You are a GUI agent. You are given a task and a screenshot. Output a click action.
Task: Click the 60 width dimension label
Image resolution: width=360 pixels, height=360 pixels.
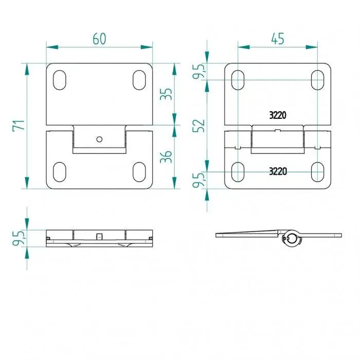[x=99, y=39]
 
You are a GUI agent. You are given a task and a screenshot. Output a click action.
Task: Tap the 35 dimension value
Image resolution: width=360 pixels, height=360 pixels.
[x=166, y=95]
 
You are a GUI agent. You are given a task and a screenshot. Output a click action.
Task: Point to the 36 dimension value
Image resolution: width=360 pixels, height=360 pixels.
[x=166, y=156]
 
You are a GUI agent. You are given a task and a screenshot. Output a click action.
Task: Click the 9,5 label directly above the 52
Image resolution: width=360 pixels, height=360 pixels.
[x=200, y=71]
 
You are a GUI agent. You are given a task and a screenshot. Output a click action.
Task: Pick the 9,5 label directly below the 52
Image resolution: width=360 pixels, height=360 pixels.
[x=200, y=180]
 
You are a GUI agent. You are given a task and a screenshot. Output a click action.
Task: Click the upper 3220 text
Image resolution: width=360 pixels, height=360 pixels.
[x=278, y=115]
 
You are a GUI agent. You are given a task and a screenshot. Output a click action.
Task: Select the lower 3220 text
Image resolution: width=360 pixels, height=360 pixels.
[x=278, y=172]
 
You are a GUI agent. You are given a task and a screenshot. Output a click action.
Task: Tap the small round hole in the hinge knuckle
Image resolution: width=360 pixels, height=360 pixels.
[x=99, y=138]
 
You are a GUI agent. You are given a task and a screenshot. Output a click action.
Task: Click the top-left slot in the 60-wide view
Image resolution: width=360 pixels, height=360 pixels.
[x=59, y=80]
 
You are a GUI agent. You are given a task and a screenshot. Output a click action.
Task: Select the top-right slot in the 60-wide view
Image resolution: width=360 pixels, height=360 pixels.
[x=139, y=80]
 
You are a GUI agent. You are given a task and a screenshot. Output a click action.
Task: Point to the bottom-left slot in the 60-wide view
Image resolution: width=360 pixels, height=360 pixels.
[x=59, y=171]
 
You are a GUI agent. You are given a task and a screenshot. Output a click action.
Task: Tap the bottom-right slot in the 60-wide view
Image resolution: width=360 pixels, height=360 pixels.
[x=139, y=171]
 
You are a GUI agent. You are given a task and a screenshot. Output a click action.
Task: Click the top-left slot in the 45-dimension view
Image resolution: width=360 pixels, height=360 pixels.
[x=238, y=80]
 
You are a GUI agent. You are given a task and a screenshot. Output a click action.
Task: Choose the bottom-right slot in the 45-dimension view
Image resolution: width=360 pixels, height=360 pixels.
[x=318, y=171]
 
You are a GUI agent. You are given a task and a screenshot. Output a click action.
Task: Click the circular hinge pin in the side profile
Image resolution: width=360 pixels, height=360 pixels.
[x=292, y=238]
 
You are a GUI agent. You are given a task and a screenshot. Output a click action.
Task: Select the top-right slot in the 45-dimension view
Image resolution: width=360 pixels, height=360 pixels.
[x=318, y=80]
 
